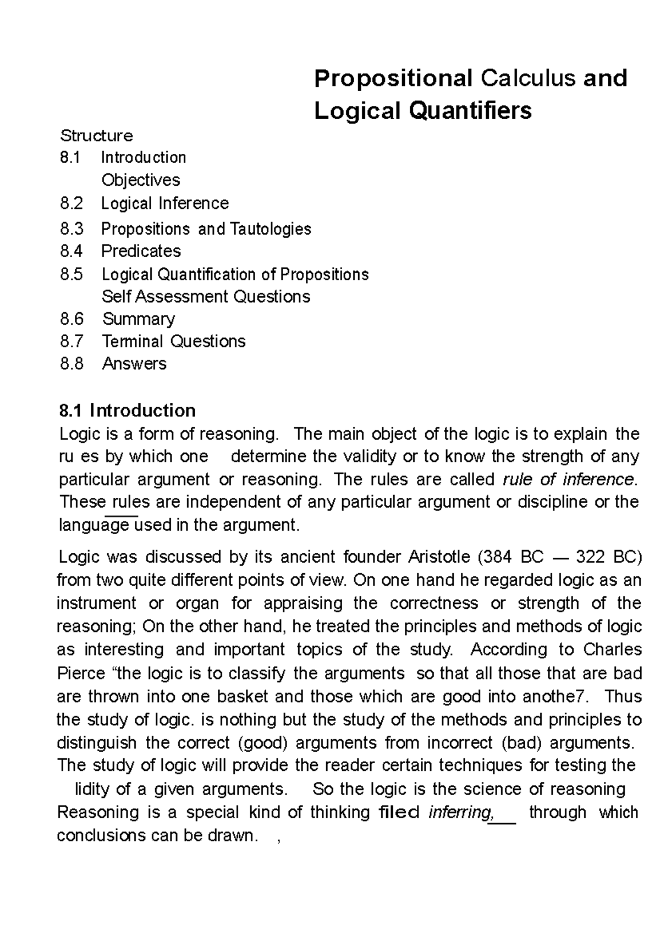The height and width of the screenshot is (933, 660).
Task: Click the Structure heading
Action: click(96, 135)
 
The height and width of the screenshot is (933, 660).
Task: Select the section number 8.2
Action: click(71, 203)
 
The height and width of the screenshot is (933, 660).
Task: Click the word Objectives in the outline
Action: click(141, 180)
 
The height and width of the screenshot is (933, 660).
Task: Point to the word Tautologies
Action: click(270, 229)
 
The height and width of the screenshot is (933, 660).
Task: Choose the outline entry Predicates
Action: click(141, 251)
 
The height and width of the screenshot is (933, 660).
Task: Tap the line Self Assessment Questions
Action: click(206, 297)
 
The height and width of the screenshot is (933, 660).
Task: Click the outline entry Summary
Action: click(139, 319)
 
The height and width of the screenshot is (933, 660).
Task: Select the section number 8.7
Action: click(71, 342)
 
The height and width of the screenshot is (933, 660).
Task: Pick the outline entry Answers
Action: click(134, 364)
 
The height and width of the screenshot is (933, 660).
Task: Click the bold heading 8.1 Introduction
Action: click(127, 410)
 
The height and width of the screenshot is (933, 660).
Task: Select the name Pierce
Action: click(81, 673)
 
